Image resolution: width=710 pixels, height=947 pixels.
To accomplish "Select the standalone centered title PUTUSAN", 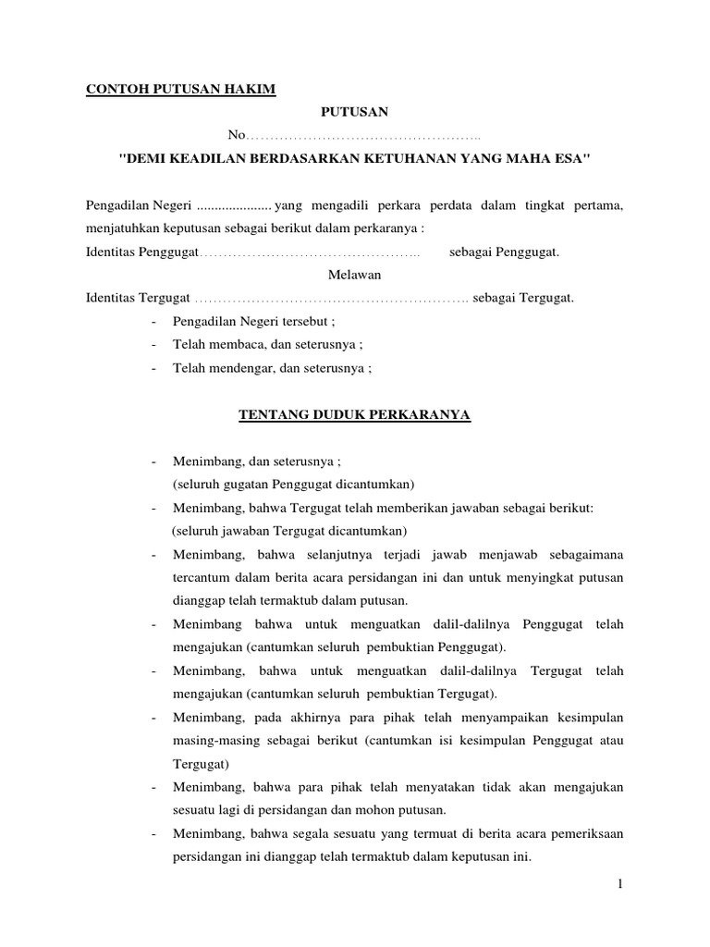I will (x=354, y=113).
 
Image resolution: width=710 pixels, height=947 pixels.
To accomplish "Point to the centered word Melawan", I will (x=354, y=275).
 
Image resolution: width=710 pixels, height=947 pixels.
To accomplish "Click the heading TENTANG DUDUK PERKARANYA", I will (x=355, y=415).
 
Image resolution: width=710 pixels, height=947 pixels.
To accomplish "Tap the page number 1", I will (x=620, y=885).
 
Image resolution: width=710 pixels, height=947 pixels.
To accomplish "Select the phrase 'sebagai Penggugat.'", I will (x=504, y=252).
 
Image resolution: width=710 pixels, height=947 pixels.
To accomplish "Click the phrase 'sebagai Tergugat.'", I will (x=523, y=298).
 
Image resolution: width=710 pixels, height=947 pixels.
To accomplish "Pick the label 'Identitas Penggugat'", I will (x=137, y=252).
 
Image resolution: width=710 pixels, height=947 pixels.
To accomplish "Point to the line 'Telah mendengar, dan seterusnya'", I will (x=271, y=367).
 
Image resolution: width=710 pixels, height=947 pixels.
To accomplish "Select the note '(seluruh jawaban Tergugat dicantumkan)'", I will (x=288, y=531).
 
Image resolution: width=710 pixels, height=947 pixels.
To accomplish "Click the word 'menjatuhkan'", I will (x=122, y=228).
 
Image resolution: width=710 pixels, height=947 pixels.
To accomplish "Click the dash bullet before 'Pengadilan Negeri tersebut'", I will (x=152, y=321).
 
